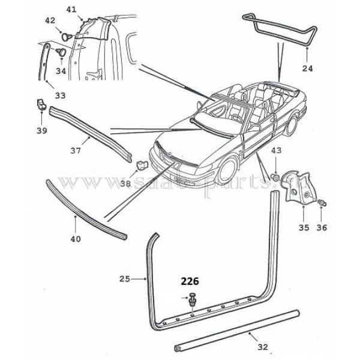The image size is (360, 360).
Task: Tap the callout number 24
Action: [x=308, y=68]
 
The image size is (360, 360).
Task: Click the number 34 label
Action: [x=61, y=70]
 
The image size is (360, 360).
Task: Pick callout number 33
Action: [x=61, y=94]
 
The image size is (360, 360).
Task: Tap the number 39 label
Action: [x=41, y=129]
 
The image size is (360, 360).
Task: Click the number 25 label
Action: [x=125, y=278]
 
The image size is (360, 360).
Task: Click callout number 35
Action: [x=304, y=227]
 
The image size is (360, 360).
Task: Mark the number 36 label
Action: [x=322, y=227]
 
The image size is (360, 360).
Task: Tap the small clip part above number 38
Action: [x=141, y=163]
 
